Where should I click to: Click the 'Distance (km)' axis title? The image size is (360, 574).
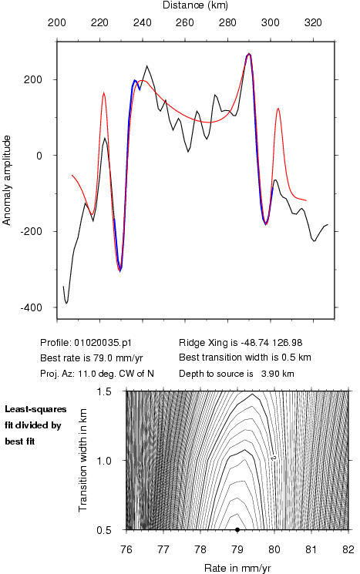click(x=195, y=5)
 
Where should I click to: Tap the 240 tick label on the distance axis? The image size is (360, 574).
click(x=142, y=23)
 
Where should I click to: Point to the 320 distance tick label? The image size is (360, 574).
click(x=313, y=23)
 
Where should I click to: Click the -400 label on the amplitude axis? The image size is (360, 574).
click(x=32, y=308)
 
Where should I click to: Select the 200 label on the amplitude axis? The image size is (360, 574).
click(x=33, y=79)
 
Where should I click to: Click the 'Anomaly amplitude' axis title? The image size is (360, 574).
click(x=7, y=180)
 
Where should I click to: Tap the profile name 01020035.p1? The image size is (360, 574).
click(x=103, y=343)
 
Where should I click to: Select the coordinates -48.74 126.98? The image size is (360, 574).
click(x=271, y=343)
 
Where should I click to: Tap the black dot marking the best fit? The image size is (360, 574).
click(x=237, y=530)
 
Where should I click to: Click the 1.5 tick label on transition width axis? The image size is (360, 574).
click(x=104, y=391)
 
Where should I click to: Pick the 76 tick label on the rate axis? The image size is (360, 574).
click(x=126, y=549)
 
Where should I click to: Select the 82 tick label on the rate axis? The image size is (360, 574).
click(x=348, y=549)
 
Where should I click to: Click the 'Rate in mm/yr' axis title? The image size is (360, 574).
click(x=237, y=568)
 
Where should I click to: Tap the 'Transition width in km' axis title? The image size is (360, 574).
click(x=83, y=460)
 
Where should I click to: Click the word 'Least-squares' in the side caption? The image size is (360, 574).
click(x=35, y=409)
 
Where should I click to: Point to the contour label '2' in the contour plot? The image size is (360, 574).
click(x=273, y=458)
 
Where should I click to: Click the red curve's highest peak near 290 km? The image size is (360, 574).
click(x=249, y=54)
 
